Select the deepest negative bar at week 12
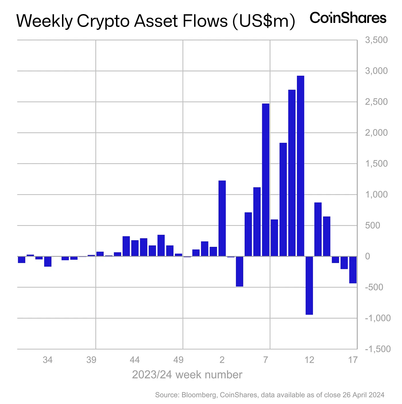[x=309, y=285]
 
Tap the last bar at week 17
[x=353, y=270]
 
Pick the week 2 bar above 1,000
[x=222, y=218]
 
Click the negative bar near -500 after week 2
[x=239, y=271]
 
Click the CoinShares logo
[x=348, y=18]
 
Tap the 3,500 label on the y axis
[x=376, y=40]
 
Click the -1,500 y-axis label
[x=378, y=349]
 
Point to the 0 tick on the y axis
[x=368, y=256]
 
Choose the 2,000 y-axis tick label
[x=376, y=133]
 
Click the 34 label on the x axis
[x=48, y=360]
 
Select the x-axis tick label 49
[x=178, y=360]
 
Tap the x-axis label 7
[x=266, y=360]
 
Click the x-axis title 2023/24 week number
[x=187, y=375]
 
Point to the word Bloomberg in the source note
[x=199, y=395]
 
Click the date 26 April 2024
[x=363, y=395]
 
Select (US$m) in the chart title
[x=264, y=21]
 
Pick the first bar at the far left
[x=22, y=259]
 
